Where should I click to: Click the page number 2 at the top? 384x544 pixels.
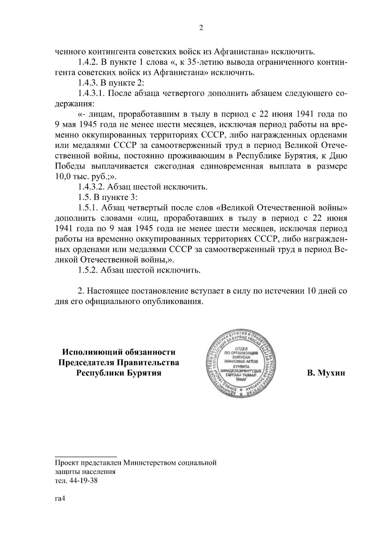pyautogui.click(x=201, y=28)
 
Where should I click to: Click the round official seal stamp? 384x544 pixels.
pyautogui.click(x=244, y=364)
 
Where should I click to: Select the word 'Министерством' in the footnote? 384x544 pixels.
pyautogui.click(x=150, y=463)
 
